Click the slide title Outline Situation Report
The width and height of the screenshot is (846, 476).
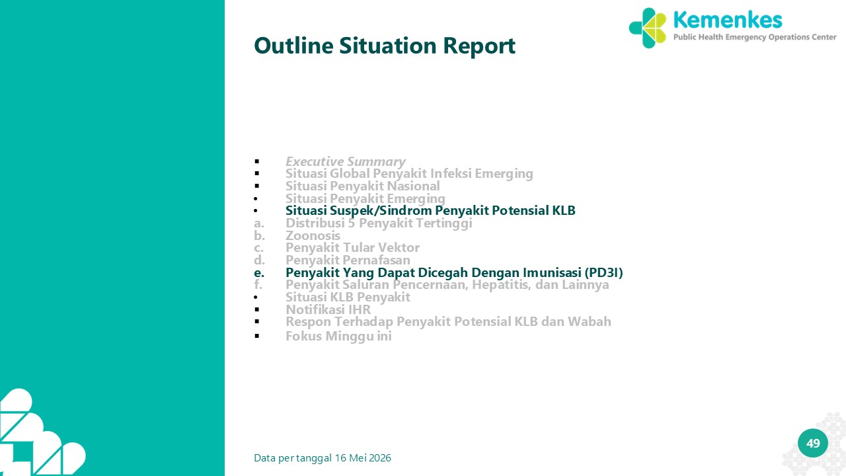[x=385, y=46]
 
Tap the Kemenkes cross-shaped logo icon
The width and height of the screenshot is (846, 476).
[x=647, y=28]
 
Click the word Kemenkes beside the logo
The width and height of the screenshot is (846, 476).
[x=728, y=20]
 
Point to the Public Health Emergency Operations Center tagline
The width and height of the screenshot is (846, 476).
[x=755, y=37]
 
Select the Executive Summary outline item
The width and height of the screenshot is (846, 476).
[x=345, y=162]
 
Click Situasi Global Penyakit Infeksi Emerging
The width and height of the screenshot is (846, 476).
[x=409, y=174]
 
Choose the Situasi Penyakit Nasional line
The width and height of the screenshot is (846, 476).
[x=363, y=186]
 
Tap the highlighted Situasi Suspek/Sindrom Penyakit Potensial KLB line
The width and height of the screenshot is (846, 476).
[x=430, y=210]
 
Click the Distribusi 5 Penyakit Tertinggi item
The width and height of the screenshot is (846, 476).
[x=379, y=223]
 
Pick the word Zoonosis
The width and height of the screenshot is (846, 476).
[x=313, y=235]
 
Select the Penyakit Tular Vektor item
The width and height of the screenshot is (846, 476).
[x=352, y=247]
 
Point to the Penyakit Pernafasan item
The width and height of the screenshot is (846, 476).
[x=348, y=260]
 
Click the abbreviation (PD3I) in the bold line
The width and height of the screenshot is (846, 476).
[x=603, y=272]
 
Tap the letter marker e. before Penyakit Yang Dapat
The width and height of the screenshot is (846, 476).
[x=259, y=272]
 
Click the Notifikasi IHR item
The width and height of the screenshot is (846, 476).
[x=328, y=309]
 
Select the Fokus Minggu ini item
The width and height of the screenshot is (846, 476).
[x=338, y=337]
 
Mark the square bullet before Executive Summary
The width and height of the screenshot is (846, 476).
[x=257, y=162]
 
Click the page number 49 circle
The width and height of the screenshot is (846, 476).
[x=813, y=443]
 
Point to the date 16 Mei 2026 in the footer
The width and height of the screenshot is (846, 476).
[x=363, y=458]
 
